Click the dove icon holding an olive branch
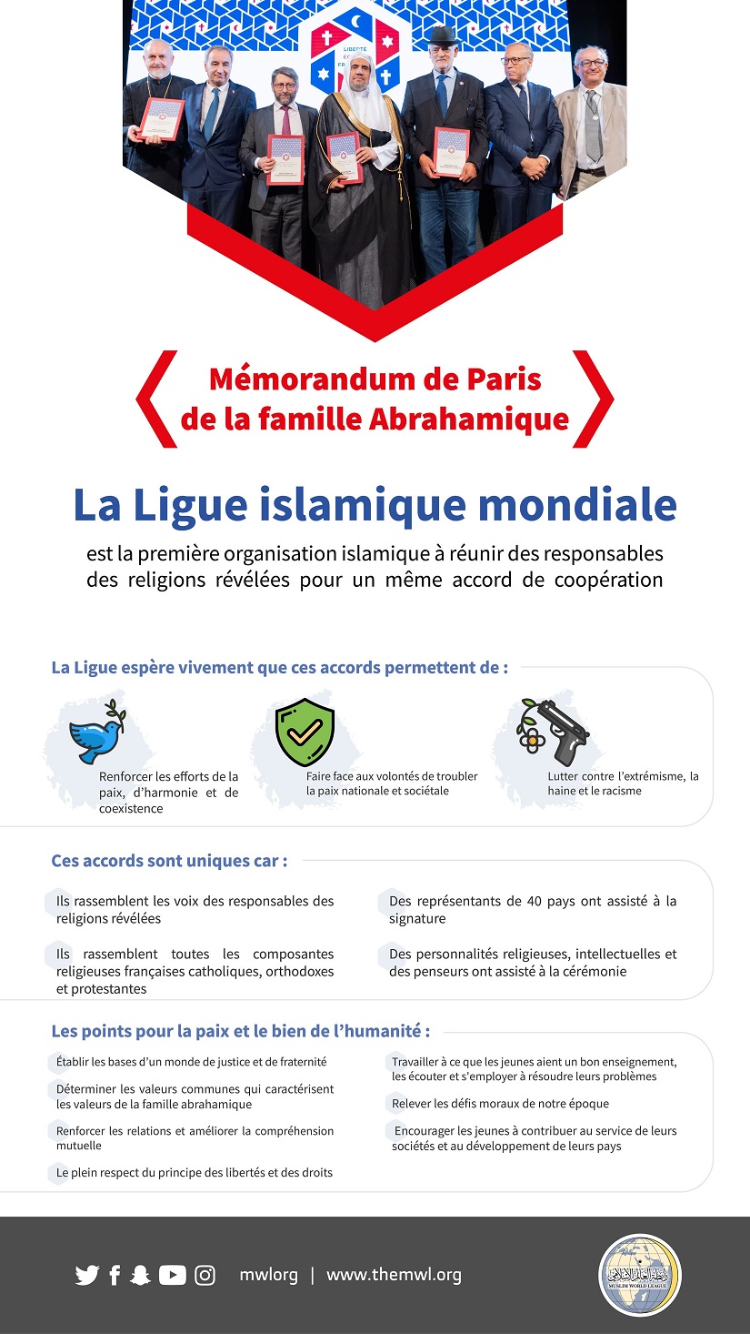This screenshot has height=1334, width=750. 97,733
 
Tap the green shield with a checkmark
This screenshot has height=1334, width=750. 305,733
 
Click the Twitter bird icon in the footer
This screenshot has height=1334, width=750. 87,1275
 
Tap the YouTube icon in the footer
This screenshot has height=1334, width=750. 173,1275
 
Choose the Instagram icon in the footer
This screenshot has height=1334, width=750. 205,1275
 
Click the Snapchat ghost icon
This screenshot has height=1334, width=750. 139,1275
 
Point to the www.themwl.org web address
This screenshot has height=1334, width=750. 394,1275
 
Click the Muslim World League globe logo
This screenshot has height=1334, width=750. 639,1275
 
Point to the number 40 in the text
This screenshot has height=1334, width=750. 535,902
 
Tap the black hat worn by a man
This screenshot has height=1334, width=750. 445,35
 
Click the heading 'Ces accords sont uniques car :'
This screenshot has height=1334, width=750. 169,861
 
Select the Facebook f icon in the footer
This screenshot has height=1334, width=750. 115,1275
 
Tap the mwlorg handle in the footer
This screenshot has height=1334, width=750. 268,1275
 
